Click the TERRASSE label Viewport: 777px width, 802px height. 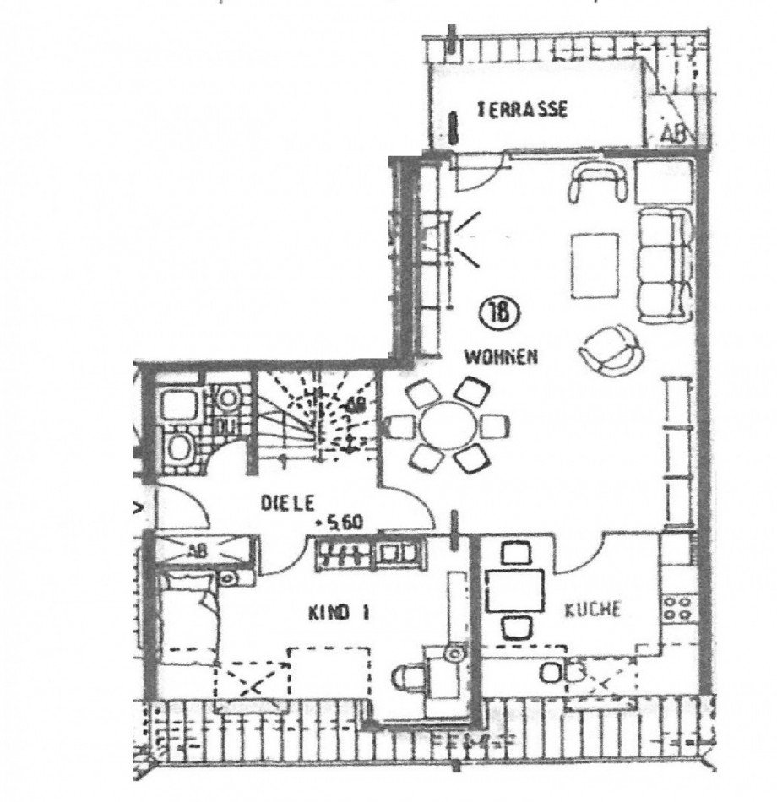[521, 110]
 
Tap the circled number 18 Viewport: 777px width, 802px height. [494, 313]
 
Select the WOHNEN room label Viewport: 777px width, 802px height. [500, 357]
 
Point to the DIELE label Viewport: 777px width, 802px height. [287, 503]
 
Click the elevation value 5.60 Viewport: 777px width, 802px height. [340, 522]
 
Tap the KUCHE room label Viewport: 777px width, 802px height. [595, 608]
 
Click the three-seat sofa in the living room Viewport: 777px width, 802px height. [664, 264]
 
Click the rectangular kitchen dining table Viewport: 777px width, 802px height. [515, 591]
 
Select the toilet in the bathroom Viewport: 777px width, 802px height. [179, 447]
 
